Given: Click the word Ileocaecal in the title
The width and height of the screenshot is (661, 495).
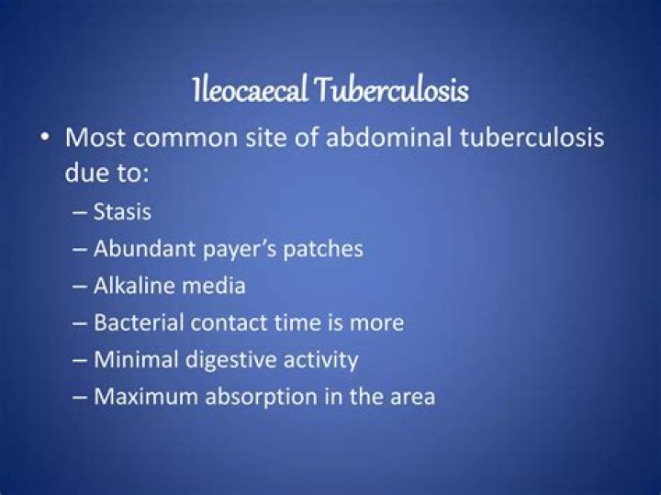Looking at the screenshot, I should pos(249,91).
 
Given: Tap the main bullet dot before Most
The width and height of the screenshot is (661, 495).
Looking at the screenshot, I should pos(45,139).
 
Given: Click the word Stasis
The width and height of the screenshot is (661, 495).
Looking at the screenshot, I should pos(122,211).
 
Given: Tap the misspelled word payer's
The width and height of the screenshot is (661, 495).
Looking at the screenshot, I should pos(229,250).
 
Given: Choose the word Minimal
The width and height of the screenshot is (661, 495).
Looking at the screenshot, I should pos(135,359).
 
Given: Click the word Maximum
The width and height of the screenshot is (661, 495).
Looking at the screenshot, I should pos(142,397).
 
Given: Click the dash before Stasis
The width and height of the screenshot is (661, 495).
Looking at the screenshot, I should pos(79,212).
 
